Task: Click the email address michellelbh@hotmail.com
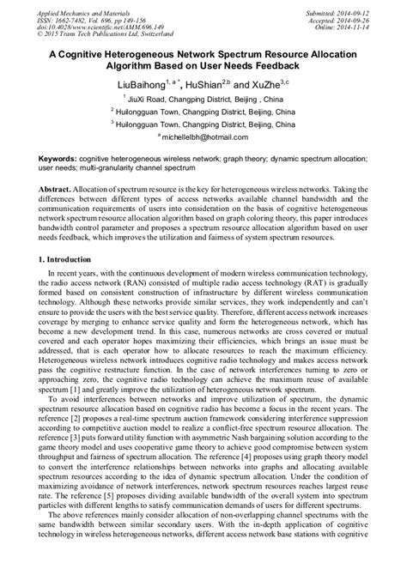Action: click(x=204, y=137)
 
